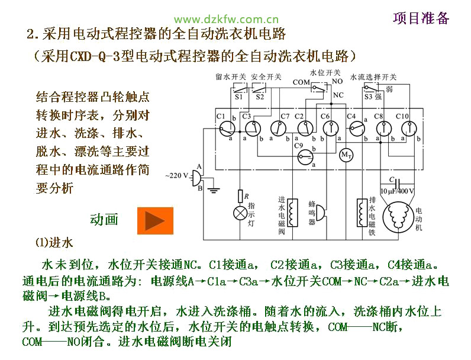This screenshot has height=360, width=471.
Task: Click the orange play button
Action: (155, 220)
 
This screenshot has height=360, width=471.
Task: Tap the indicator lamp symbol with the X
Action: (240, 213)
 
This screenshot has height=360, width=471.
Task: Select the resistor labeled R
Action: (240, 195)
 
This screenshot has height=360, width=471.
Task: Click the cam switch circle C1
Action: (225, 127)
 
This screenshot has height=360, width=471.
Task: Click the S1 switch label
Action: (239, 97)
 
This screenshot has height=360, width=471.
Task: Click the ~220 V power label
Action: (176, 176)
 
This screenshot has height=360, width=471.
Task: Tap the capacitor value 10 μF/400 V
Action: (397, 191)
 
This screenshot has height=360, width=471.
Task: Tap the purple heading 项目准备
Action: (421, 18)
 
